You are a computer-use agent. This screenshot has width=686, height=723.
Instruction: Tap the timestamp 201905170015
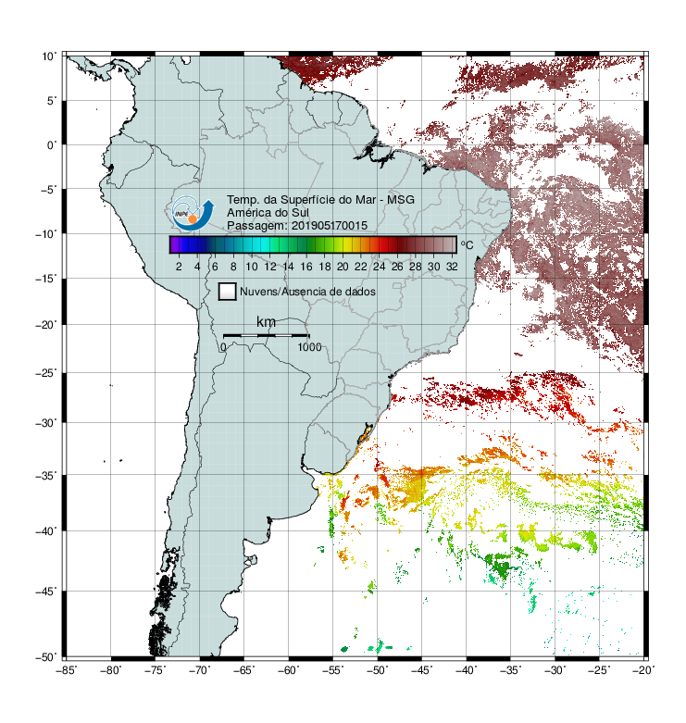coord(330,226)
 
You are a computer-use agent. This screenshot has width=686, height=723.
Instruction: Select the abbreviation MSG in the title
coord(401,200)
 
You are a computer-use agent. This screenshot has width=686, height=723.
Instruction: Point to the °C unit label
coord(467,245)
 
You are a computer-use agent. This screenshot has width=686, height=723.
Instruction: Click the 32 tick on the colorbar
coord(452,267)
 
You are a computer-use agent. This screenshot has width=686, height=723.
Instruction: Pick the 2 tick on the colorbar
coord(179,267)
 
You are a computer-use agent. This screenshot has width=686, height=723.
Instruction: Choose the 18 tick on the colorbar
coord(325,267)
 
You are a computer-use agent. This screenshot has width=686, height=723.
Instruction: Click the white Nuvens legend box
coord(228,292)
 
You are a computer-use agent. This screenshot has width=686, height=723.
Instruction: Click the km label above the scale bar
coord(266,322)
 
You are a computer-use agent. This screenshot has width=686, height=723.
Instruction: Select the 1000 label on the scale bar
coord(309,347)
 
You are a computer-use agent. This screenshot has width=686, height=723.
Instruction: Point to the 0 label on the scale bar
coord(223,347)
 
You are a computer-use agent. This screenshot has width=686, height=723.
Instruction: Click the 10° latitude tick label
coord(49,56)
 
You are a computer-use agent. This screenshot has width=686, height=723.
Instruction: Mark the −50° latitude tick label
coord(46,657)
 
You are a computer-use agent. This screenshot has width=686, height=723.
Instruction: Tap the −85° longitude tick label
coord(67,670)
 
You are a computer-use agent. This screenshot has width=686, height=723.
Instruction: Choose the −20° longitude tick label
coord(644,670)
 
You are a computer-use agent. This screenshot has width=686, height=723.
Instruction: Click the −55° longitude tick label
coord(333,670)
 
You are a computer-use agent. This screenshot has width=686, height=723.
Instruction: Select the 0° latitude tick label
coord(52,145)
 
